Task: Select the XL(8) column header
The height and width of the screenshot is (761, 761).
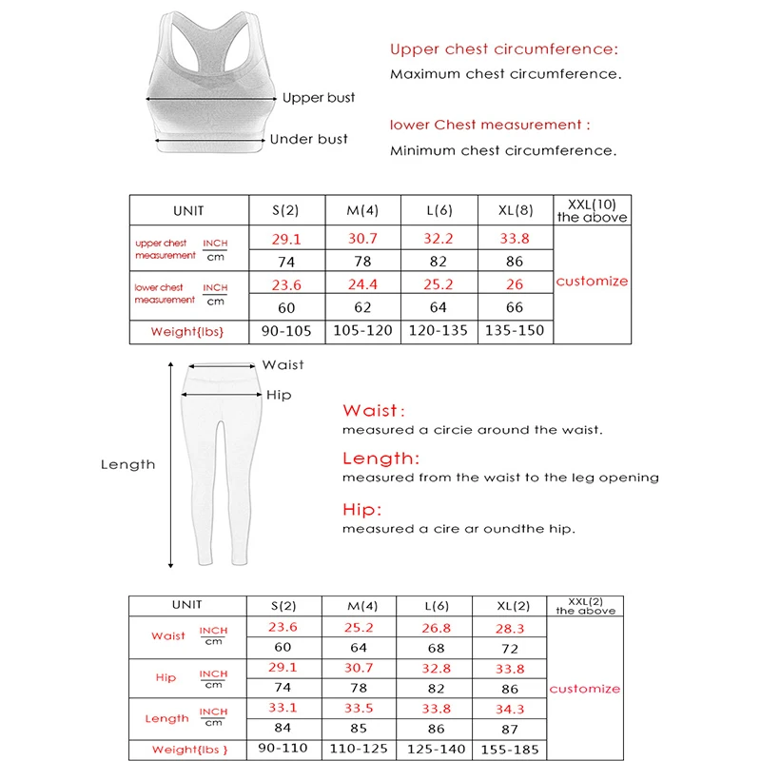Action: point(514,211)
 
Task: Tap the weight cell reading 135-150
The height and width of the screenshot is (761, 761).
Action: point(514,331)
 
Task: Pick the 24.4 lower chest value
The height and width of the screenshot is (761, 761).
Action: point(361,283)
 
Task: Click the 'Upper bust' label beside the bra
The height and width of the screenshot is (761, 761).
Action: point(318,98)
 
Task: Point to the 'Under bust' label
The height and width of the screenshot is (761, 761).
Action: point(308,139)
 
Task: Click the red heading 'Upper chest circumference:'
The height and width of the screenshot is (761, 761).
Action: point(503,49)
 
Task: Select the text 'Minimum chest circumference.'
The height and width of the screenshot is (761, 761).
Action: point(502,150)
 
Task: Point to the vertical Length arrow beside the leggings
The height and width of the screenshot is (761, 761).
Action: point(171,465)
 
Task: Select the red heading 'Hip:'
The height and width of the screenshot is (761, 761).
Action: point(361,509)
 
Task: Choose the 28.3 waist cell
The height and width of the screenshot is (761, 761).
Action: point(509,628)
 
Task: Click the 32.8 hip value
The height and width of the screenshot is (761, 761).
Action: point(436,668)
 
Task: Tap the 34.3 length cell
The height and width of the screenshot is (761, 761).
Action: point(509,709)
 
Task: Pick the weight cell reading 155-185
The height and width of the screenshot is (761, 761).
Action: point(509,750)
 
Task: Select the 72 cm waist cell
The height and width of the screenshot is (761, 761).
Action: point(509,648)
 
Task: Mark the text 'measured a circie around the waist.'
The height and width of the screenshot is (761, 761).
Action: point(472,430)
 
